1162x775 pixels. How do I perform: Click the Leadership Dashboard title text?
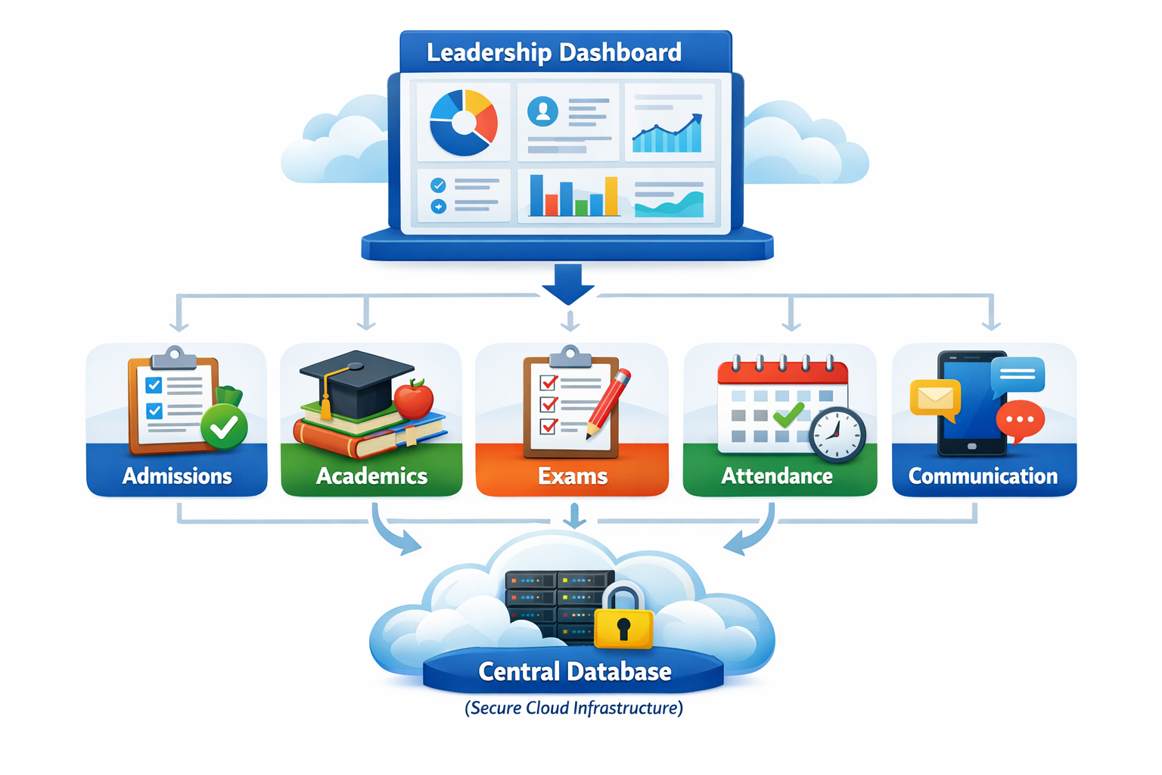[x=554, y=52]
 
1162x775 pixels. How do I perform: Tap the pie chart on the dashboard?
[x=463, y=123]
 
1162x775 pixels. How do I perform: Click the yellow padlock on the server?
[x=623, y=621]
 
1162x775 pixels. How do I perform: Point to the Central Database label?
[x=574, y=671]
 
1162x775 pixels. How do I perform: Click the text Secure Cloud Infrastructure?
[x=573, y=708]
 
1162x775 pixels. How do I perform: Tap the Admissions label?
[x=177, y=476]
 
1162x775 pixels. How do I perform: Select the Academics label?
[x=371, y=476]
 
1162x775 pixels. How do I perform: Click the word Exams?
[x=573, y=476]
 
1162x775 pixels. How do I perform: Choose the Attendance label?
[x=777, y=476]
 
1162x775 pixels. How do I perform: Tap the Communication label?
[x=983, y=476]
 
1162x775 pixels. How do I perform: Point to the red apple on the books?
[x=414, y=399]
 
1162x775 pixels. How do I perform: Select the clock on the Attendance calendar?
[x=837, y=434]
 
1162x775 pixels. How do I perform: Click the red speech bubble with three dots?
[x=1020, y=419]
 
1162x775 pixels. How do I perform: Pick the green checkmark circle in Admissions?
[x=224, y=427]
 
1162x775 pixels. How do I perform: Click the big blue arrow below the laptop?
[x=568, y=284]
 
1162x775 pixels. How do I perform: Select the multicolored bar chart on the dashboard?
[x=573, y=197]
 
